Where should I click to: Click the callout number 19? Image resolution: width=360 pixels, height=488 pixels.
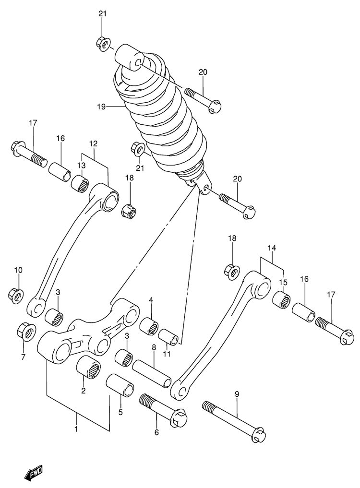click(102, 107)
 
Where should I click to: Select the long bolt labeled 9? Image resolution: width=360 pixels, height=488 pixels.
click(234, 422)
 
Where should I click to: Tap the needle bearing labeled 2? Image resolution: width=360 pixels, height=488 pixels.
click(88, 367)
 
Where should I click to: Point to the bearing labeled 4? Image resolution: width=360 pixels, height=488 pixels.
click(149, 326)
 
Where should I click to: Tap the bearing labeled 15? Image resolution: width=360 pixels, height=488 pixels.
click(282, 299)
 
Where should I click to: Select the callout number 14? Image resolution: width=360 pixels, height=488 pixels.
click(272, 248)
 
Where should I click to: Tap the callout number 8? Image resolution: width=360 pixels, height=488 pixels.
click(154, 347)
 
